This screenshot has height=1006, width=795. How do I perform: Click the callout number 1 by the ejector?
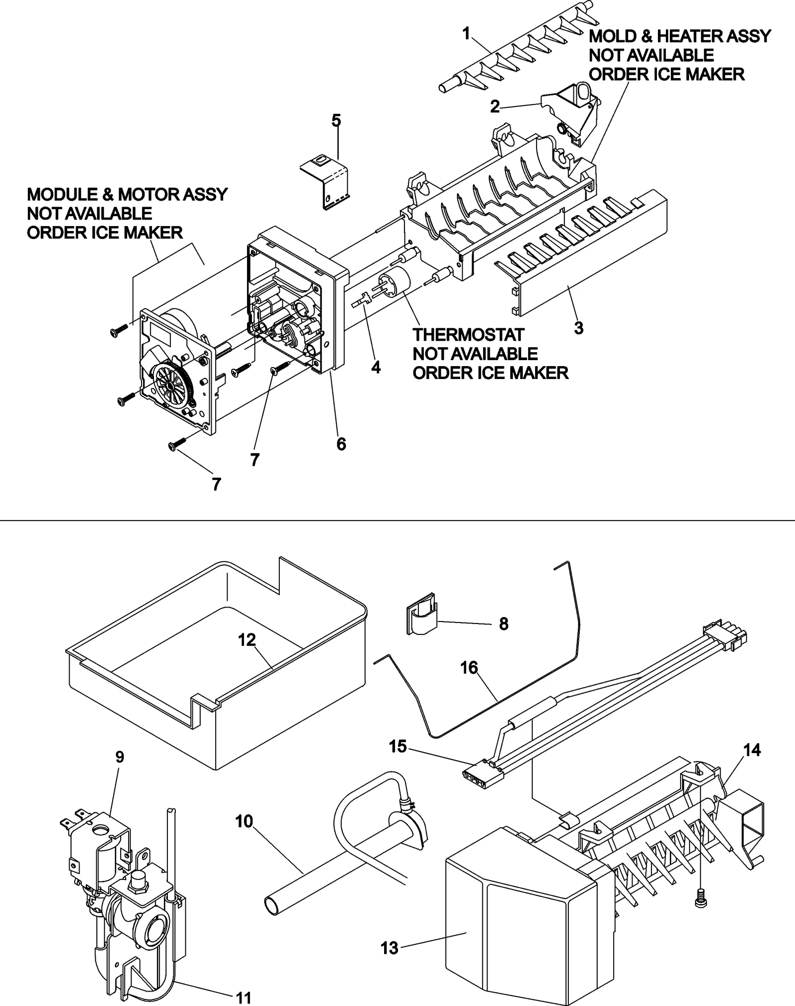coord(466,34)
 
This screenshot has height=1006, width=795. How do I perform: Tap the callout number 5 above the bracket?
coord(336,120)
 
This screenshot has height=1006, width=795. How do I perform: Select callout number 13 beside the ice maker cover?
coord(390,948)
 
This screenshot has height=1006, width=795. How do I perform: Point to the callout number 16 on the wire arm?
coord(469,668)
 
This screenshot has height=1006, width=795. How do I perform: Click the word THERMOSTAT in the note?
coord(468,335)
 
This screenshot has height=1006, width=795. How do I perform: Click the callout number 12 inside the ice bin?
coord(247,640)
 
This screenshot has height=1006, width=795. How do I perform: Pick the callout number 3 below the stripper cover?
coord(578,328)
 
